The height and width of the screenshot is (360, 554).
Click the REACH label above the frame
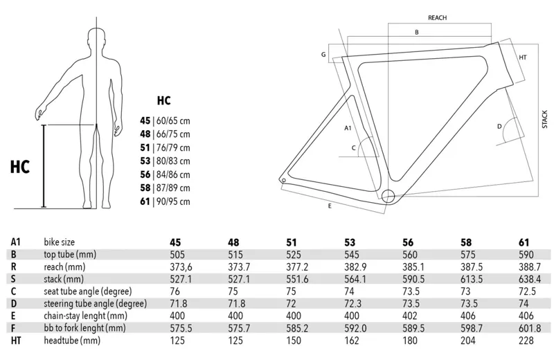click(437, 18)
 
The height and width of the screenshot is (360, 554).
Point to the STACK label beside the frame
click(544, 119)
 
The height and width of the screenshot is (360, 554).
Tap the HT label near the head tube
click(523, 57)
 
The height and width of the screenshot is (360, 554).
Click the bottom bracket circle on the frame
click(388, 196)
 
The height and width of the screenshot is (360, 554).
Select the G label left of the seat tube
click(323, 55)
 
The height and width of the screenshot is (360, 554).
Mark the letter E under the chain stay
click(330, 206)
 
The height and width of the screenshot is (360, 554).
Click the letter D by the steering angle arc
click(499, 126)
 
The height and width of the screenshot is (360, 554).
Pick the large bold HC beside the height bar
click(20, 167)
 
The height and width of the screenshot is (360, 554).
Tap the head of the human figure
click(97, 38)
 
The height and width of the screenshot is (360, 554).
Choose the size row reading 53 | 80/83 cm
click(165, 161)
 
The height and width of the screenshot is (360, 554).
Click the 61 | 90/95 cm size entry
click(165, 201)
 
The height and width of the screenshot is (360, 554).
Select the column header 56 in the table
click(408, 242)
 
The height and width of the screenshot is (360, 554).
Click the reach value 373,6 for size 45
click(181, 267)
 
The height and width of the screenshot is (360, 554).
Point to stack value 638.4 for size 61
click(530, 279)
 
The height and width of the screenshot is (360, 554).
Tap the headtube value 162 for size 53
click(352, 340)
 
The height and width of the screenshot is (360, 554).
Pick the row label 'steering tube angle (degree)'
click(95, 304)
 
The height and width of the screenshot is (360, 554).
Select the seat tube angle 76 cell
click(175, 291)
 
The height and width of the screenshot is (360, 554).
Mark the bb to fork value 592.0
click(355, 328)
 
